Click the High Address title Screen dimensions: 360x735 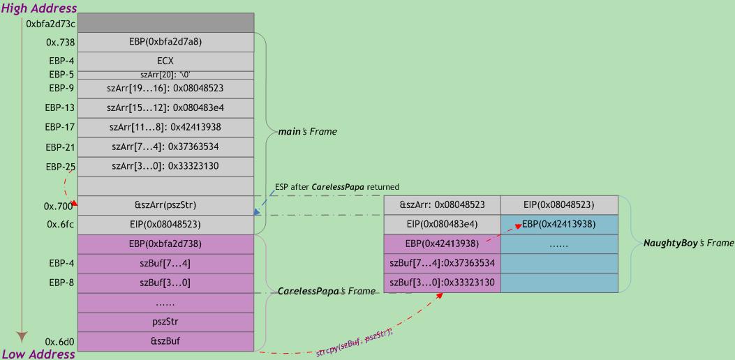[38, 8]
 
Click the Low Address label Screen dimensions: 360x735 [38, 354]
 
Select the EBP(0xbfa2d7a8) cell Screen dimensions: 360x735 [165, 42]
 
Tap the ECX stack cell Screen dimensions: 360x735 [165, 61]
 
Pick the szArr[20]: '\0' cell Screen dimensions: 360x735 [165, 75]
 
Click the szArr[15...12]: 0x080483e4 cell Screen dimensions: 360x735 [165, 108]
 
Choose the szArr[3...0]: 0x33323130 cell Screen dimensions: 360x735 [165, 167]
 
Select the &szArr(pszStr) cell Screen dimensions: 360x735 [165, 206]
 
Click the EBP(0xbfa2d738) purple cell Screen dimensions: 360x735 [165, 244]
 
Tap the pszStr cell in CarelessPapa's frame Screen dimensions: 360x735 [165, 322]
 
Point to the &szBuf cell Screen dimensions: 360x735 [165, 341]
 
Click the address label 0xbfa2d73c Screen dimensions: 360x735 [50, 24]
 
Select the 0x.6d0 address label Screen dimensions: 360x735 [59, 342]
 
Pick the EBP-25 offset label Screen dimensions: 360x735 [61, 167]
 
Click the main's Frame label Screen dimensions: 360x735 [308, 131]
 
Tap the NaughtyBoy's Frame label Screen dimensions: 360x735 [688, 243]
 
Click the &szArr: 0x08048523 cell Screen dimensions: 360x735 [442, 205]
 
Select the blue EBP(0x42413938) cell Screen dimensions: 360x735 [558, 225]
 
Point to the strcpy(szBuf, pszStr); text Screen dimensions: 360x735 [354, 336]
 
